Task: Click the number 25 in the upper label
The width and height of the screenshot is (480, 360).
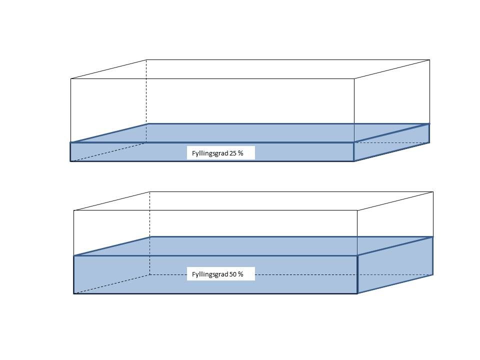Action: (233, 153)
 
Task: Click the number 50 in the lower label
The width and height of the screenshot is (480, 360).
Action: (233, 274)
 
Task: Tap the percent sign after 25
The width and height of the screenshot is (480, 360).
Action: (241, 153)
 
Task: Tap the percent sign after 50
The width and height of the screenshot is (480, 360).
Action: (241, 274)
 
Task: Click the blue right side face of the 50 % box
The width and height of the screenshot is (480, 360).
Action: (395, 265)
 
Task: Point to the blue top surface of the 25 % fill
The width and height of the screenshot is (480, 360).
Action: (250, 133)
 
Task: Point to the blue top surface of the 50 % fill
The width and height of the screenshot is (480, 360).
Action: (250, 246)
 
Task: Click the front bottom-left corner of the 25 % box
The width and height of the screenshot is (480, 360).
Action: (70, 161)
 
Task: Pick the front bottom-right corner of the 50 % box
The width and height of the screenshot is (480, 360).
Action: (357, 293)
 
